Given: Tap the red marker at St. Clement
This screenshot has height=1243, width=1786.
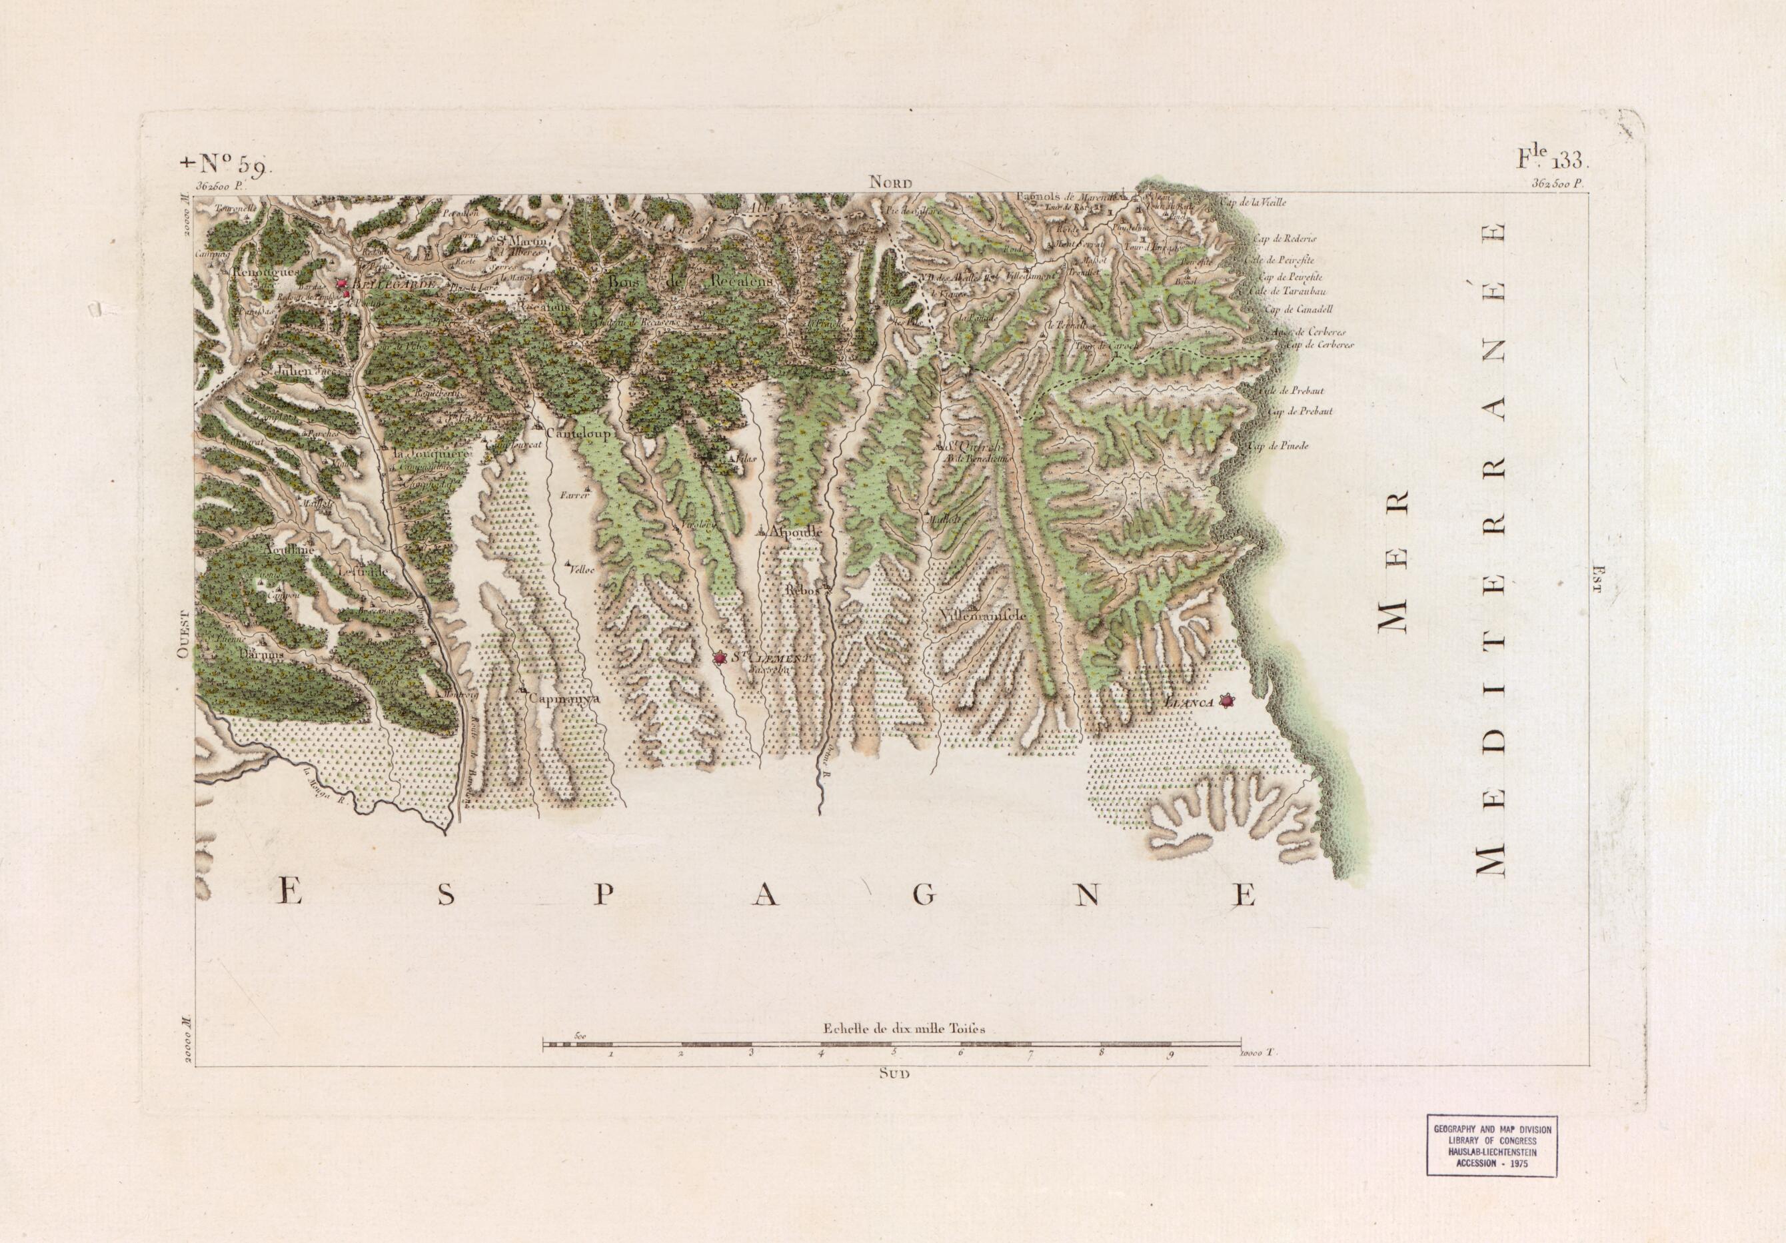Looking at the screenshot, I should point(720,659).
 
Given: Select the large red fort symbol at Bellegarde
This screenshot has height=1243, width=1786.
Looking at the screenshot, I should point(340,284).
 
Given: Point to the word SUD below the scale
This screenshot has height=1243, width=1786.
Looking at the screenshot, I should point(890,1071).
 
